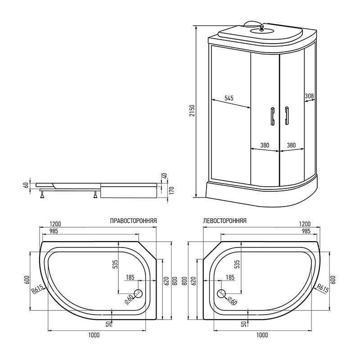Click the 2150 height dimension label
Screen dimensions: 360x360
pos(192,110)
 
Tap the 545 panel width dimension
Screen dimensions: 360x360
pos(229,98)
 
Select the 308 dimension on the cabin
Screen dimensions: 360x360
pos(309,96)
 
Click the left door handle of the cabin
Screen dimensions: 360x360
pos(273,116)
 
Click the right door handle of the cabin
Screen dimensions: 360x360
pos(287,116)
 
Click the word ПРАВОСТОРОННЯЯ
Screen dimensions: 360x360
pos(133,221)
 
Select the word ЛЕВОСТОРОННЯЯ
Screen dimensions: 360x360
pos(225,221)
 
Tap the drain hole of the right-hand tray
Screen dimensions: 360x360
pos(138,294)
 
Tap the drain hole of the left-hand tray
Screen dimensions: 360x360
pos(221,294)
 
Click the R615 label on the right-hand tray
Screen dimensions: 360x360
pos(37,289)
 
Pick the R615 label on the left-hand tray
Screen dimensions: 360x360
pos(323,288)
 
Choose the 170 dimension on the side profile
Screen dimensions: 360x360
pos(172,190)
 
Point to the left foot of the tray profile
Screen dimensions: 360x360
pos(42,195)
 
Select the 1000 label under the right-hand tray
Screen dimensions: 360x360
pos(94,335)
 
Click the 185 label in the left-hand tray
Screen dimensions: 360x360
pos(230,277)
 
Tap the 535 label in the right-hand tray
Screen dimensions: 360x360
pos(116,264)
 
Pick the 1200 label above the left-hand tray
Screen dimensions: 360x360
pos(305,224)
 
